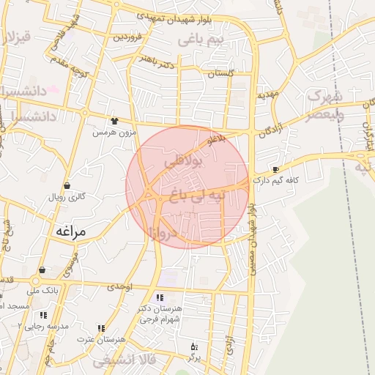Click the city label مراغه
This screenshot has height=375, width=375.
pos(71,231)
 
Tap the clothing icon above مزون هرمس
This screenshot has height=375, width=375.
pos(114,121)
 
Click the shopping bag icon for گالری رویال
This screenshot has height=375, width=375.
pos(67,186)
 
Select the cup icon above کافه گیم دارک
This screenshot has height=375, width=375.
pos(275,168)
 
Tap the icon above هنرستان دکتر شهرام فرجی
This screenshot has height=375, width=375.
pos(161,297)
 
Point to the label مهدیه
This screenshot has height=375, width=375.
pos(267,95)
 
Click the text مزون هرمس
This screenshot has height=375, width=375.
pos(114,133)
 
